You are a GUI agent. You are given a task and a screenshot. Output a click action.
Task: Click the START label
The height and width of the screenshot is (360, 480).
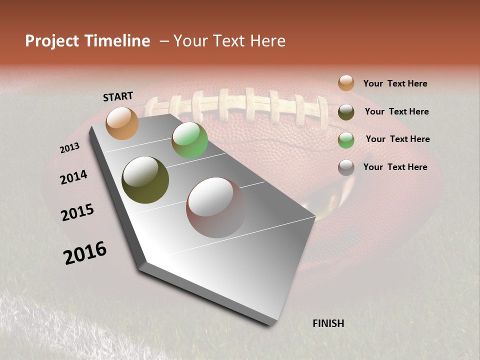pyautogui.click(x=118, y=96)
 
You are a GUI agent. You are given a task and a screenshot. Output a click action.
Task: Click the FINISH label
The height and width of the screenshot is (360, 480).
pyautogui.click(x=328, y=323)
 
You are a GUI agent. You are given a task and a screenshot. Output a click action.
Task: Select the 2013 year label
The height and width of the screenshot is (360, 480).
pyautogui.click(x=70, y=148)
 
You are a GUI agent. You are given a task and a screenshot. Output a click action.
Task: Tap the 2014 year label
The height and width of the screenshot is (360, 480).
pyautogui.click(x=73, y=177)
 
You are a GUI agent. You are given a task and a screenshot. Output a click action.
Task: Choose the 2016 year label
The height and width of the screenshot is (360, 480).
pyautogui.click(x=85, y=253)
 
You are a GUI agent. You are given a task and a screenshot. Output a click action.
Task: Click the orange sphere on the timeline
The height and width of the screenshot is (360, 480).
pyautogui.click(x=122, y=123)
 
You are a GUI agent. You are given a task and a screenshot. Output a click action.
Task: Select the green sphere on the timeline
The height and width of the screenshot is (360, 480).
pyautogui.click(x=189, y=140)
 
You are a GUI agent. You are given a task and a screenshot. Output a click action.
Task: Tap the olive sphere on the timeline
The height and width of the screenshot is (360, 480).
pyautogui.click(x=145, y=180)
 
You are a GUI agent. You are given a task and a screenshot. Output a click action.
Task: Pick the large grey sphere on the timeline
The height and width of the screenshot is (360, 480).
pyautogui.click(x=216, y=207)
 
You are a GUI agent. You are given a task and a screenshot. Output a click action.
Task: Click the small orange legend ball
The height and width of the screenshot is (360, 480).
pyautogui.click(x=346, y=83)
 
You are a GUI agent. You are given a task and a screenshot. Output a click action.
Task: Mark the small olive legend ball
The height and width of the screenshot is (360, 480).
pyautogui.click(x=346, y=112)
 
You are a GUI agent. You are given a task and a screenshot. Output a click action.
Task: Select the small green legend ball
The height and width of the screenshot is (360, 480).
pyautogui.click(x=346, y=140)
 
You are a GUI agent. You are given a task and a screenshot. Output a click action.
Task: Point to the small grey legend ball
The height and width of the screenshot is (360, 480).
pyautogui.click(x=346, y=167)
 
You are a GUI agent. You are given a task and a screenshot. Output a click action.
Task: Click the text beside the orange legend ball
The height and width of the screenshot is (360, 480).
pyautogui.click(x=395, y=84)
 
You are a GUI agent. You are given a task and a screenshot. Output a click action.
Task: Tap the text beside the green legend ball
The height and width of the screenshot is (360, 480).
pyautogui.click(x=397, y=139)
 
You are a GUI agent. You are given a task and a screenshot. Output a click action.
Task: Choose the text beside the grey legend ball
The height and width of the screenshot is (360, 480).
pyautogui.click(x=395, y=167)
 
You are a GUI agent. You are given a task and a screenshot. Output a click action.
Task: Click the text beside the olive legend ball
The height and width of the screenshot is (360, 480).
pyautogui.click(x=396, y=111)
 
